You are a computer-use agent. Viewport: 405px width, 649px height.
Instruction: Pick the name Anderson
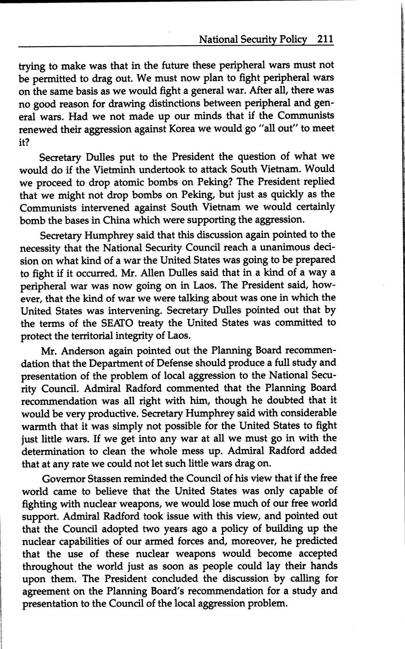click(85, 351)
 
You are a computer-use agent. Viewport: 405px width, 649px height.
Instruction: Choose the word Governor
click(63, 479)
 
